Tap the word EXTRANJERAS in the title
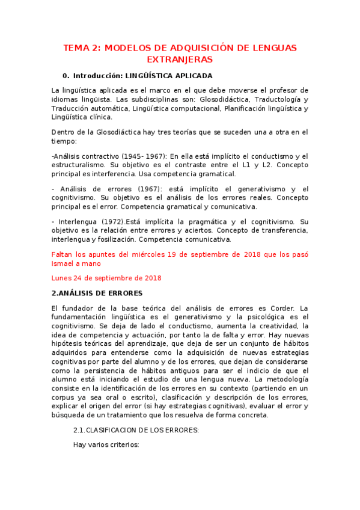[x=180, y=60]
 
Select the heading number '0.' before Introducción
[x=66, y=76]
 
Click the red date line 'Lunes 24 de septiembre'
[x=106, y=278]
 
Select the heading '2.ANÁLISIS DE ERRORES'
[x=97, y=293]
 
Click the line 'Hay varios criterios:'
[x=106, y=445]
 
